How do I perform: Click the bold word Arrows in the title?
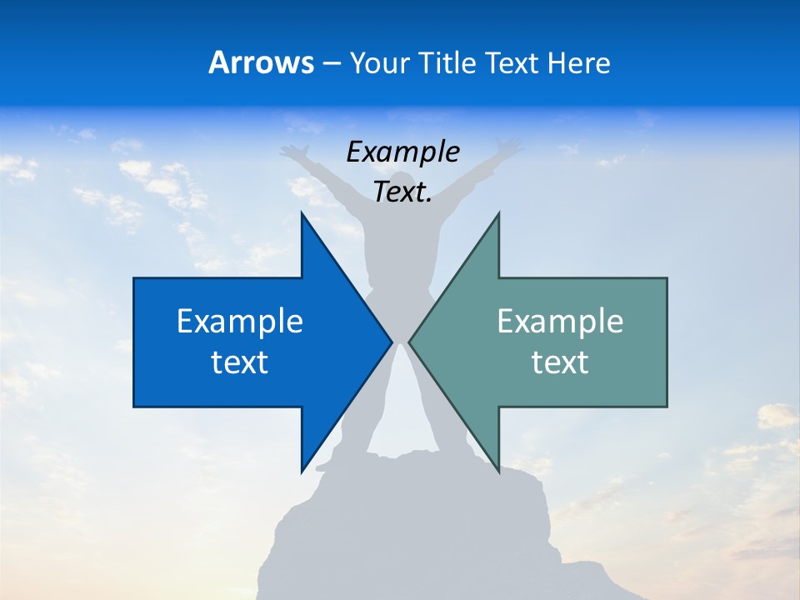(x=261, y=63)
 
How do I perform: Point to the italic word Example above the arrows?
(x=402, y=152)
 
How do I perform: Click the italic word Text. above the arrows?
(x=402, y=192)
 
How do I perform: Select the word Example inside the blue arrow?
(x=240, y=322)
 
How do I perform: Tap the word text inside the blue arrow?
(x=240, y=362)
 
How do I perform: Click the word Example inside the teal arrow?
(x=560, y=322)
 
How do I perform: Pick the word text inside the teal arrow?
(x=560, y=362)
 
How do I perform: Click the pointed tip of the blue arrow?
(x=391, y=342)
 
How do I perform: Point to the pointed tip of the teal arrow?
(x=410, y=342)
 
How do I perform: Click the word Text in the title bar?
(x=513, y=63)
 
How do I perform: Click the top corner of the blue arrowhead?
(x=302, y=214)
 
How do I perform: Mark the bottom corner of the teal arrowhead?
(x=498, y=470)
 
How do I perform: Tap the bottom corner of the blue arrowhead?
(x=302, y=470)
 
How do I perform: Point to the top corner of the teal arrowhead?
(x=498, y=214)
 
